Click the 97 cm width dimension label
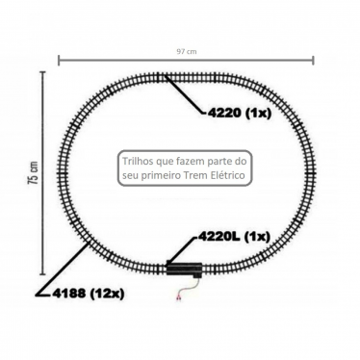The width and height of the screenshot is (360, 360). [186, 51]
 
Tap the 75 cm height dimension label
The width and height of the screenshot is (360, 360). [34, 172]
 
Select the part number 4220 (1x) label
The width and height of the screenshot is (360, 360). [240, 113]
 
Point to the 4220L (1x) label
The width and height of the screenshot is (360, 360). [234, 237]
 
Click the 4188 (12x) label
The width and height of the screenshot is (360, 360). [89, 294]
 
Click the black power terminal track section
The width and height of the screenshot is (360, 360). [184, 269]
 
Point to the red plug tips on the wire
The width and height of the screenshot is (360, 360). [178, 298]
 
